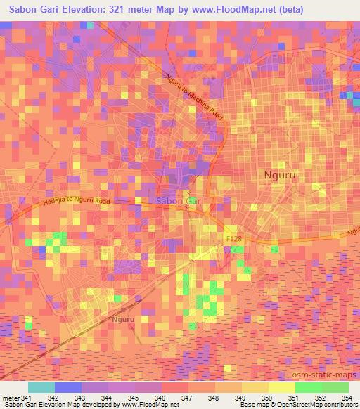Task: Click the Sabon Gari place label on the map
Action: point(179,201)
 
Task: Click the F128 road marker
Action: point(234,240)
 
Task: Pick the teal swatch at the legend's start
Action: point(41,387)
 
